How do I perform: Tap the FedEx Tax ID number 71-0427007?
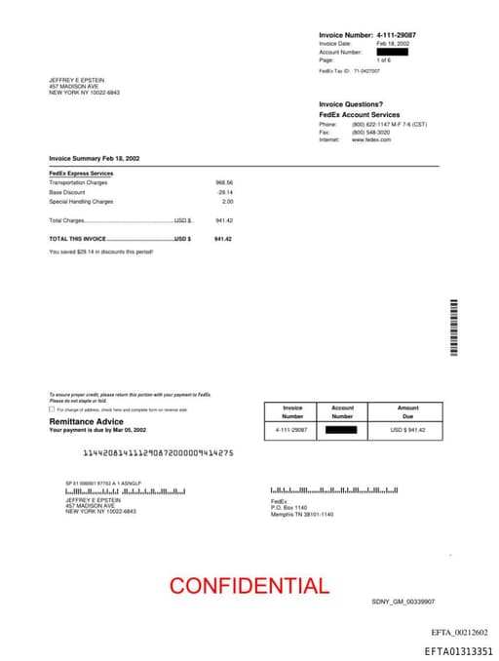366,71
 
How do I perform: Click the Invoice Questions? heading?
351,104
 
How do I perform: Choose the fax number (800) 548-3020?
370,132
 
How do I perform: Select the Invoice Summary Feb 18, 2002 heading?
95,158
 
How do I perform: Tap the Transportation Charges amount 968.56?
224,182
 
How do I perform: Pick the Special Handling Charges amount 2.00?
227,202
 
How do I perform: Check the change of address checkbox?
53,409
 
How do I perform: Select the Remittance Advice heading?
87,421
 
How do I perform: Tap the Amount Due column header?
407,411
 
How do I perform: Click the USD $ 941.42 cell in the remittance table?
407,430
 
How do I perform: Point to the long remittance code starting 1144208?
158,452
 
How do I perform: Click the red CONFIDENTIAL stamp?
249,586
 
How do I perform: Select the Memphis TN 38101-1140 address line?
301,514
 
